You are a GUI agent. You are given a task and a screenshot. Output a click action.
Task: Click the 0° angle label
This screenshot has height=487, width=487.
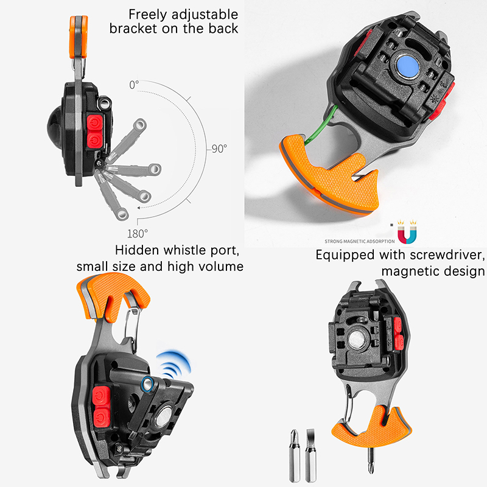click(x=134, y=85)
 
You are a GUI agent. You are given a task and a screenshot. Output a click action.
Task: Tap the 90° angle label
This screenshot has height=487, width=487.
click(x=220, y=149)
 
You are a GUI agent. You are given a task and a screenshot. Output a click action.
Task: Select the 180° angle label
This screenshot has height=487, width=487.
click(x=138, y=234)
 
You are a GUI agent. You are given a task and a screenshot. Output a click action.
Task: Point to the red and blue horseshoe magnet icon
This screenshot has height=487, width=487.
click(x=407, y=232)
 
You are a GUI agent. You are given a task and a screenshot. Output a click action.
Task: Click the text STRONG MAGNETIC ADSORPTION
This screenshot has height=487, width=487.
click(x=360, y=241)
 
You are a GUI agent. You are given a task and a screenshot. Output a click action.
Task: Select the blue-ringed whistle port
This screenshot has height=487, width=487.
click(x=147, y=384)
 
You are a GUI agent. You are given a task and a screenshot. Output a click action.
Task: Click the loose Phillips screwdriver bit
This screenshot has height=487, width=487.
click(x=295, y=455)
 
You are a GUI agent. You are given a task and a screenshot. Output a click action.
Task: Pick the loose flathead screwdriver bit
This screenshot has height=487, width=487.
click(x=310, y=455)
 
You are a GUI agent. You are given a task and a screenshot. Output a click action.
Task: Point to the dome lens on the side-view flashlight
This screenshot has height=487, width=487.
click(x=55, y=127)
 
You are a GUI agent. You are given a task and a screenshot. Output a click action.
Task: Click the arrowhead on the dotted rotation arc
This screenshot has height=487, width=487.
click(x=139, y=208)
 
